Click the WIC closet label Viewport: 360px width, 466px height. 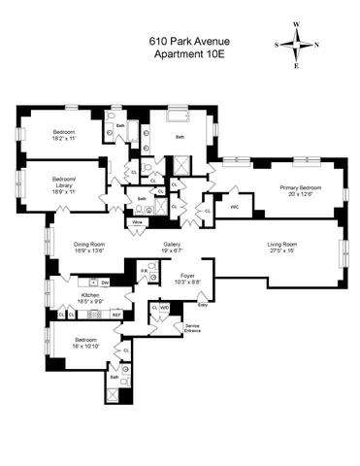pyautogui.click(x=235, y=206)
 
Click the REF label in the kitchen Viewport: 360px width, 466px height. pyautogui.click(x=115, y=315)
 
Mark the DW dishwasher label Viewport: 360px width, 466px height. pyautogui.click(x=104, y=282)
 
